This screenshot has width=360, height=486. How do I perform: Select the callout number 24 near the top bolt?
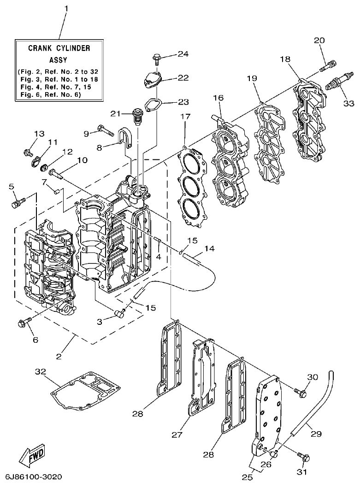point(183,54)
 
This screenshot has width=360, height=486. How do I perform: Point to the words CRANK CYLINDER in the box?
point(59,48)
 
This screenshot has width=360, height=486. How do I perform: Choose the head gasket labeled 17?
point(191,187)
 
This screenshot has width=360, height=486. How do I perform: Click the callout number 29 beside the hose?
point(316,433)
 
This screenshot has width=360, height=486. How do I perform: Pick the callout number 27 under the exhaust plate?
point(177,434)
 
